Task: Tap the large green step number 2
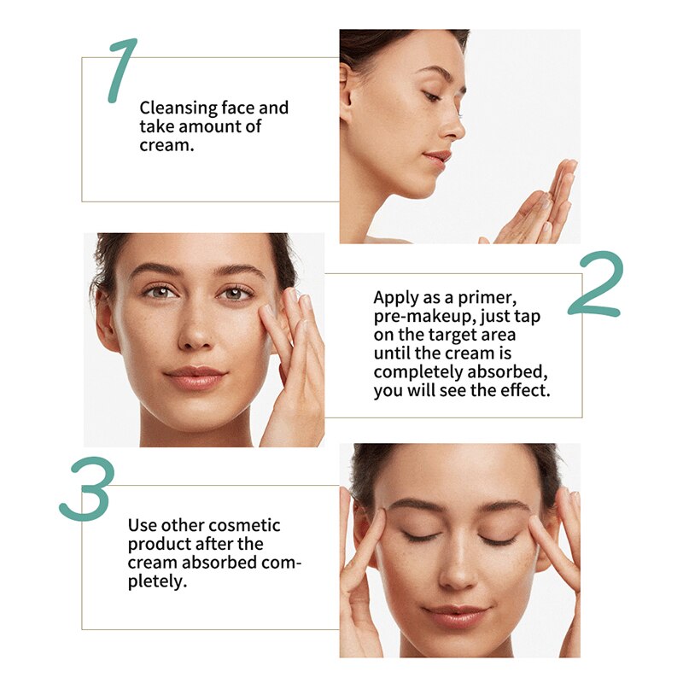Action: pyautogui.click(x=595, y=284)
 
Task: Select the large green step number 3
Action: pyautogui.click(x=86, y=489)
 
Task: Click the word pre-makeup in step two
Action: pyautogui.click(x=415, y=317)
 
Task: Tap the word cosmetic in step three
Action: pyautogui.click(x=247, y=525)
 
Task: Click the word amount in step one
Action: pyautogui.click(x=206, y=127)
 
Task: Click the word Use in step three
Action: pyautogui.click(x=142, y=525)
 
